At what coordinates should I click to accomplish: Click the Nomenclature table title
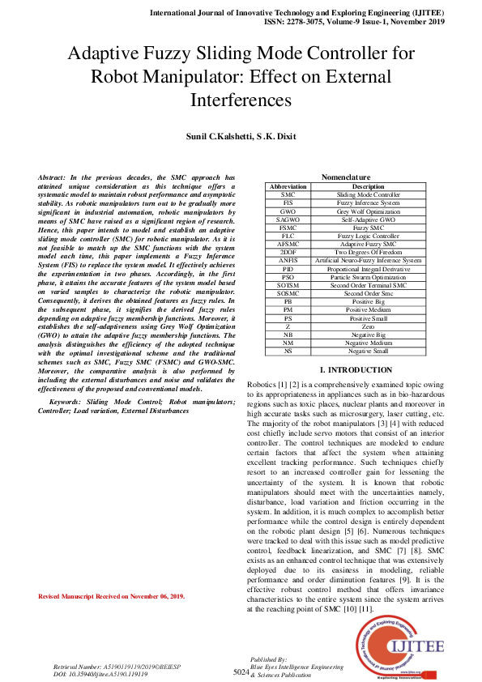pyautogui.click(x=346, y=177)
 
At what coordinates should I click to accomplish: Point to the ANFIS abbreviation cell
pyautogui.click(x=288, y=261)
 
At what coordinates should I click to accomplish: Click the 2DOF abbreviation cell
pyautogui.click(x=288, y=253)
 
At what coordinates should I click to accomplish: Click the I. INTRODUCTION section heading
pyautogui.click(x=346, y=370)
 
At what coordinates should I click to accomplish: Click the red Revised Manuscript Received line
pyautogui.click(x=112, y=597)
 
